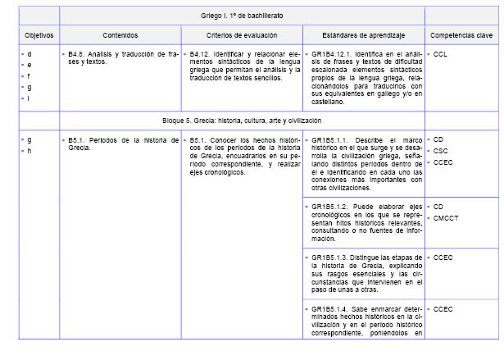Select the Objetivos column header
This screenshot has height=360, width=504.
[x=34, y=36]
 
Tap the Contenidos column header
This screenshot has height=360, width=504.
[x=120, y=36]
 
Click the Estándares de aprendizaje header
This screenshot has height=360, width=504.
[x=363, y=36]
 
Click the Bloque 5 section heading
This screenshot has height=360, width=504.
[x=242, y=121]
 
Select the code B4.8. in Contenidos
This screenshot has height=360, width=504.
[x=79, y=53]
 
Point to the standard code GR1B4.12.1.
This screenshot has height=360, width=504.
[x=332, y=53]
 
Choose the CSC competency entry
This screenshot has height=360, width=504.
[x=441, y=151]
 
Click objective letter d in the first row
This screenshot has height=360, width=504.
[x=30, y=53]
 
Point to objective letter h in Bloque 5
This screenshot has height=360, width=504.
[x=30, y=151]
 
